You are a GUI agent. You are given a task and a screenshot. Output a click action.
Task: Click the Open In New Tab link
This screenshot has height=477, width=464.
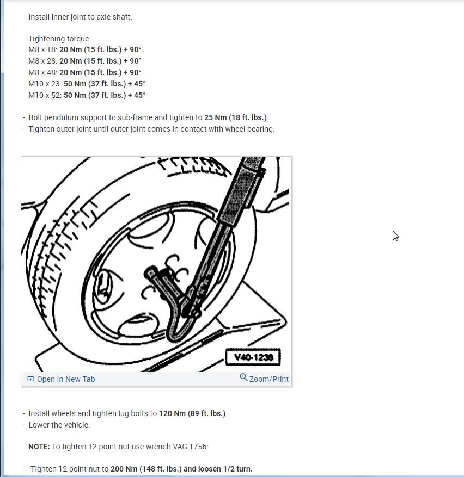point(65,379)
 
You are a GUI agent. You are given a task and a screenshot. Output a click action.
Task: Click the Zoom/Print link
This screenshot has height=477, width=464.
point(269,379)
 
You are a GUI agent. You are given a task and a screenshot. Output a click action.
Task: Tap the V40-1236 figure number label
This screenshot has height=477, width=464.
point(253,357)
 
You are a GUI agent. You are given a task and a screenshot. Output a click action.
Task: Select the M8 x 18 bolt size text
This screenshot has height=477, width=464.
point(42,50)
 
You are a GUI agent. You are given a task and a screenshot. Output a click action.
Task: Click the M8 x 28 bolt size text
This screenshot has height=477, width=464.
point(42,61)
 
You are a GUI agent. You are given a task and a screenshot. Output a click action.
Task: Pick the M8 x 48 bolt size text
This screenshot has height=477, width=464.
point(42,73)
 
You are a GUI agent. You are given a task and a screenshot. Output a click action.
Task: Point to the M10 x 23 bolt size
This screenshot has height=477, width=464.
point(45,84)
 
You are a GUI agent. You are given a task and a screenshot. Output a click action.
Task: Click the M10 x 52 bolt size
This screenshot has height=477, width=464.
point(45,95)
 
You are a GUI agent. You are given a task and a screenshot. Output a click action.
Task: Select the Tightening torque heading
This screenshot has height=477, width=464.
point(58,39)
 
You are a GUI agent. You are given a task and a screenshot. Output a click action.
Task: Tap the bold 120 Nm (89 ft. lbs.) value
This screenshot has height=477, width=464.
point(192,413)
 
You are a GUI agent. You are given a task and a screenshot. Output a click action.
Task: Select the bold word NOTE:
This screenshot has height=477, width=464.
point(39,447)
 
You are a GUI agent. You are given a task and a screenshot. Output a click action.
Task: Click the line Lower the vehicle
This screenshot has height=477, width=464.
point(59,425)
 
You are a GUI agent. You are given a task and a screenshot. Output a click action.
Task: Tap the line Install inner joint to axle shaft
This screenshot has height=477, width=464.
point(80,17)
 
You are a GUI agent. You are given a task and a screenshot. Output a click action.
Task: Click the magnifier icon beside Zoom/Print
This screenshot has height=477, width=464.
point(243,378)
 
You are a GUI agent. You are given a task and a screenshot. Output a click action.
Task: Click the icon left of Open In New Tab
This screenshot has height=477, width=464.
point(30,379)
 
